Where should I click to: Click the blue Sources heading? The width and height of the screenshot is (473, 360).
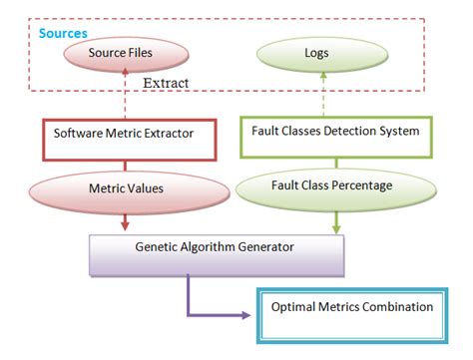(x=63, y=34)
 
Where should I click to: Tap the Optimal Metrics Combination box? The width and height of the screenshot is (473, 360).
(x=352, y=307)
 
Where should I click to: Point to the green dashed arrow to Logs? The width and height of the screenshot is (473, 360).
(x=321, y=97)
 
